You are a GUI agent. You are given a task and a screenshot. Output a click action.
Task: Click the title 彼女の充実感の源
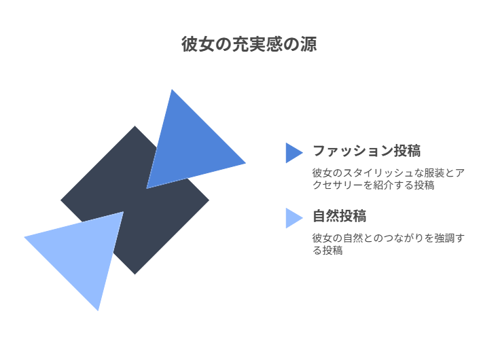(249, 45)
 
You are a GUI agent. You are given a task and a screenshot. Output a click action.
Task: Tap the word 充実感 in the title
(256, 45)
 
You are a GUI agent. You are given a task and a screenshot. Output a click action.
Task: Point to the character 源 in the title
(308, 45)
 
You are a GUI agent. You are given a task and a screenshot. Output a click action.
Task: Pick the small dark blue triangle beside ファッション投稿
(293, 152)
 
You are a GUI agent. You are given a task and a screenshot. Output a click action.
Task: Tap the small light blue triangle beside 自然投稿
(293, 217)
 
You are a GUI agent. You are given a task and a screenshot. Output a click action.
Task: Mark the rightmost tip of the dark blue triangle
(244, 163)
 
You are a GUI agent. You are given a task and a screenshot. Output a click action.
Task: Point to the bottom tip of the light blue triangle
(99, 309)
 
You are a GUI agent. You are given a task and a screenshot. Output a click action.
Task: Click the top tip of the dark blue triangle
(172, 90)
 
